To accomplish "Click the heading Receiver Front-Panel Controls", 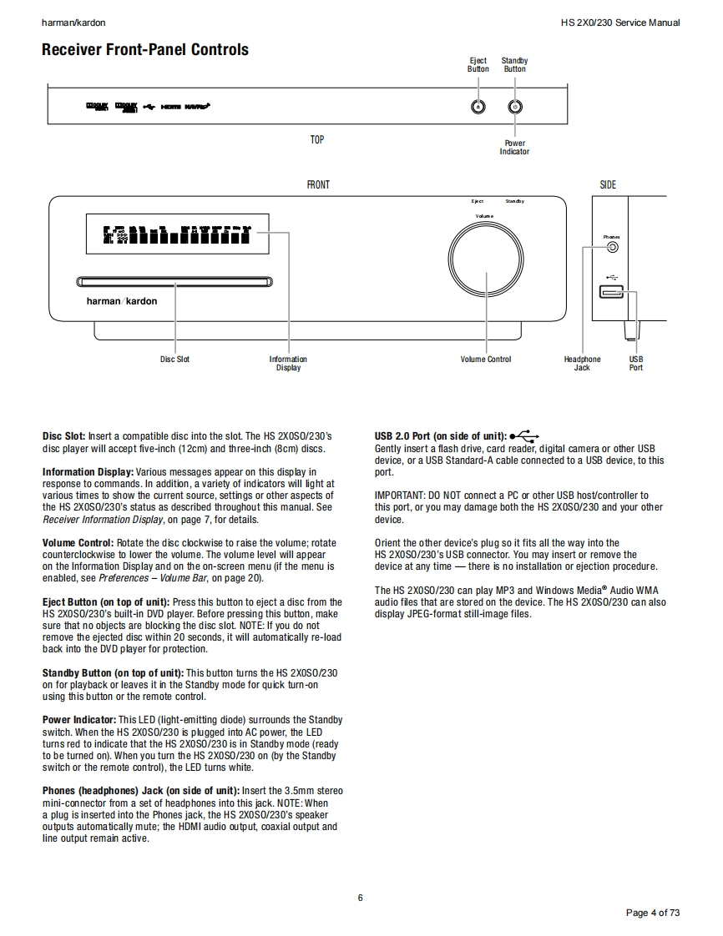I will (x=145, y=50).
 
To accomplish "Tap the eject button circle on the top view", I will (x=478, y=107).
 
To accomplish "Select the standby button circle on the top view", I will (x=515, y=107).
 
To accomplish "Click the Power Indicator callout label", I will (x=514, y=148).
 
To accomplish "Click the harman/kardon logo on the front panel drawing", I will (x=122, y=301).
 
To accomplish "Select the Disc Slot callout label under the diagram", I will (x=175, y=360).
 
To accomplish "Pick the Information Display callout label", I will (x=288, y=364).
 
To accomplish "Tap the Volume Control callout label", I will (x=486, y=360).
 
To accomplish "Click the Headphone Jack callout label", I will (x=582, y=364).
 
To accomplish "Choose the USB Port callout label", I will (x=636, y=364).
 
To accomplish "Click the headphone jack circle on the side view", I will (x=613, y=246).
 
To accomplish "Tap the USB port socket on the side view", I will (x=610, y=292).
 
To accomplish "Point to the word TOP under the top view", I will (x=317, y=140).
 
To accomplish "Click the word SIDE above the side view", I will (x=608, y=184).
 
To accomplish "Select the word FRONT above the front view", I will (x=318, y=184).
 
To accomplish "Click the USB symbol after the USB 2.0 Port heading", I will (x=524, y=435).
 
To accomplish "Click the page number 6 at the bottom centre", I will (x=360, y=898).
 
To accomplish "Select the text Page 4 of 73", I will (x=653, y=913).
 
